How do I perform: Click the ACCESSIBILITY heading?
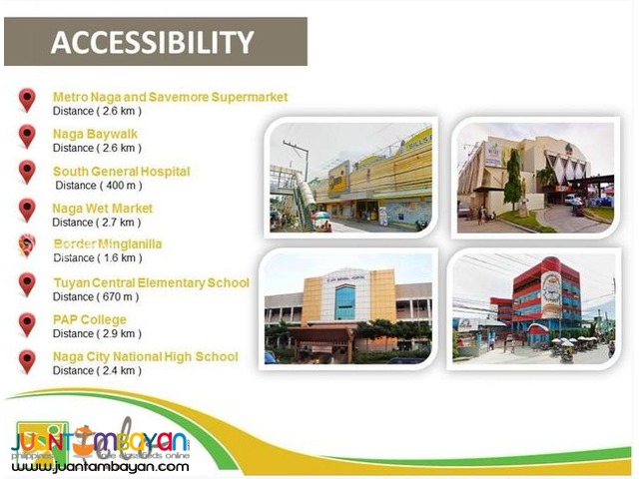(152, 42)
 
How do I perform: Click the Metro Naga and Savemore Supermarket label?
(170, 97)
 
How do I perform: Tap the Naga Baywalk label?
(95, 134)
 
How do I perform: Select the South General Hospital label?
(121, 172)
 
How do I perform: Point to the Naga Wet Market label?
(103, 209)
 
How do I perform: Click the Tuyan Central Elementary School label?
(151, 282)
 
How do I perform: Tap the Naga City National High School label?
(145, 356)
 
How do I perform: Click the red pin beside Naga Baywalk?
(27, 135)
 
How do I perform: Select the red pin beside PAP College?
(27, 323)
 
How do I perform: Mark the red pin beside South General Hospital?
(27, 172)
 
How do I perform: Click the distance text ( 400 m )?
(99, 186)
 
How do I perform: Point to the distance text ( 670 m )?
(98, 296)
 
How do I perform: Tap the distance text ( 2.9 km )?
(97, 333)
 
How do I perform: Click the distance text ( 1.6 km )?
(97, 258)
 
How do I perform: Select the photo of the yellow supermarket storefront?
(350, 176)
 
